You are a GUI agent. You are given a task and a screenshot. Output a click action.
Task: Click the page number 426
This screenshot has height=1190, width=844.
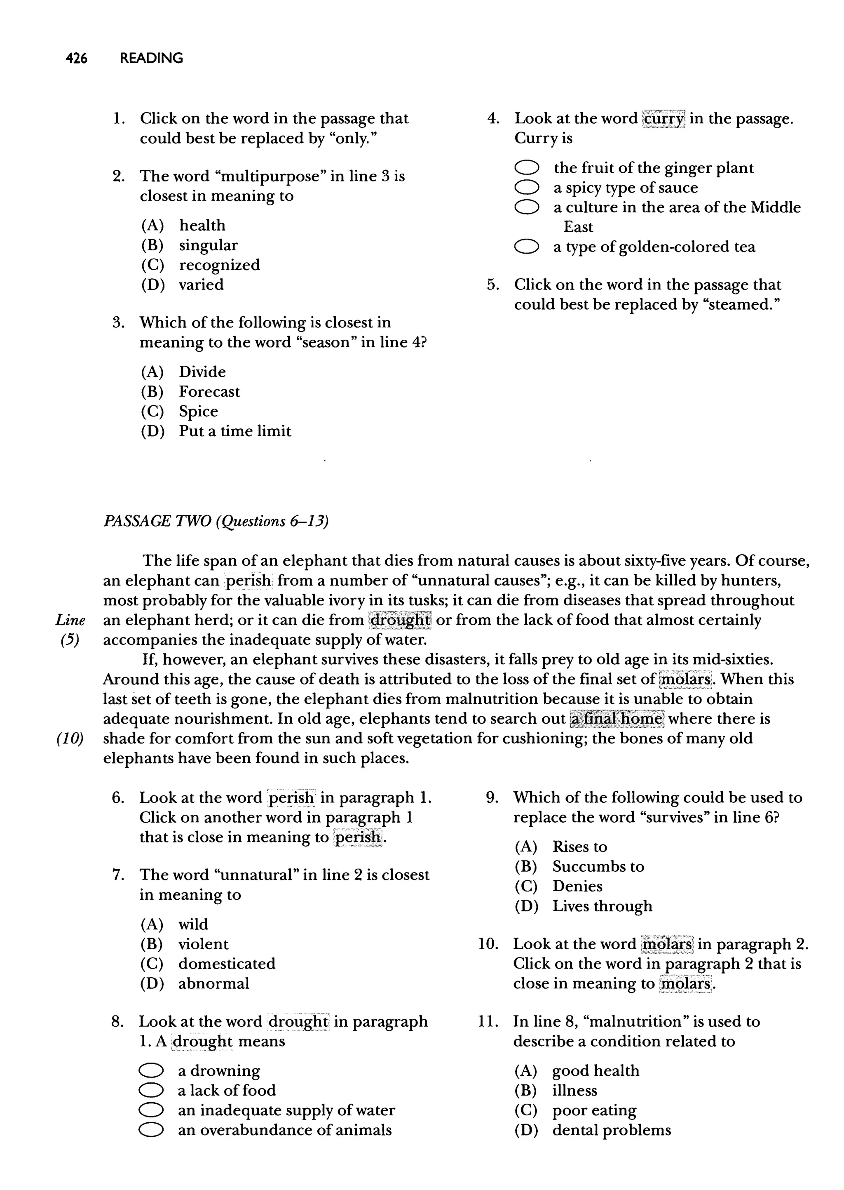pyautogui.click(x=76, y=58)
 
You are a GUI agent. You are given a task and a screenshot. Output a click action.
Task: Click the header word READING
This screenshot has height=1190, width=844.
pyautogui.click(x=151, y=58)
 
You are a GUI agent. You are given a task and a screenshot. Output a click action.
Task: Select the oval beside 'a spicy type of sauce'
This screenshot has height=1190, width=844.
pyautogui.click(x=526, y=187)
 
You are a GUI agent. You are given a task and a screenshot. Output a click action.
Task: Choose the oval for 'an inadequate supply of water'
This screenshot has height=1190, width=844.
pyautogui.click(x=151, y=1110)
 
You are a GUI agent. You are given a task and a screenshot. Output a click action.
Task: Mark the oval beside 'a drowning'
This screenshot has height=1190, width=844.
pyautogui.click(x=151, y=1070)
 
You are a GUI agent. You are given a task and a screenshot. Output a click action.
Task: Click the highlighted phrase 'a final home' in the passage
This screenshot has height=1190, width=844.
pyautogui.click(x=617, y=718)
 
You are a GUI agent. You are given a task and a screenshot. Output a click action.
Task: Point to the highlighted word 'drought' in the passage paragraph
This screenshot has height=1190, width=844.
pyautogui.click(x=400, y=620)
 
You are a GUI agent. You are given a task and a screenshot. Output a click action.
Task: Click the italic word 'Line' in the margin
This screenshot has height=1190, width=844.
pyautogui.click(x=70, y=620)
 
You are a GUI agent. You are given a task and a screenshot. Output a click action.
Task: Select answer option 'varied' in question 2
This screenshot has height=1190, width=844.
pyautogui.click(x=201, y=285)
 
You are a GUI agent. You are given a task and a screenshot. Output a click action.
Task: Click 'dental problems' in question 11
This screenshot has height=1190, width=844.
pyautogui.click(x=611, y=1130)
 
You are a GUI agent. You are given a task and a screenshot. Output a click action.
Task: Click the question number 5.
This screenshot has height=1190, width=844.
pyautogui.click(x=493, y=285)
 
